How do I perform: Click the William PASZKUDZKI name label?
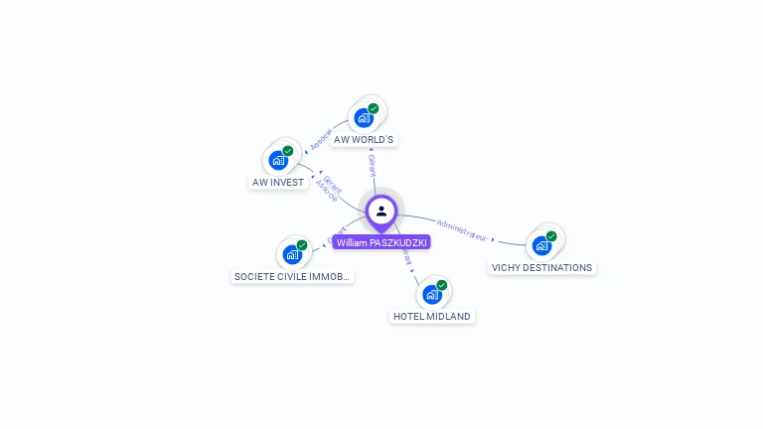coord(381,242)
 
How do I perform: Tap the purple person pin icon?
coord(381,212)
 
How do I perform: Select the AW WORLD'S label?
coord(364,140)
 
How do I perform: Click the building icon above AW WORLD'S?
coord(364,118)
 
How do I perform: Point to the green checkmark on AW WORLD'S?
coord(374,108)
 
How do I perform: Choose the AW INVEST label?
coord(278,183)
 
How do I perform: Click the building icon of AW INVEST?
coord(278,160)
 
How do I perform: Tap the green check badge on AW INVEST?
coord(288,151)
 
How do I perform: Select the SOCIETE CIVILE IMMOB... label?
coord(292,277)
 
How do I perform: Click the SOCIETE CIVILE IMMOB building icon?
coord(292,254)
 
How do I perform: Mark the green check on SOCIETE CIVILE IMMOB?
coord(302,245)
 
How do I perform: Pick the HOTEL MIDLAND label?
coord(432,317)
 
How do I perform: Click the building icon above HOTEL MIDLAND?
coord(432,294)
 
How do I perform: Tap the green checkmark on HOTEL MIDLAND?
coord(442,285)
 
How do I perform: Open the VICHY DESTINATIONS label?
coord(541,268)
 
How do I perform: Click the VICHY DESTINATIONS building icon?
coord(541,245)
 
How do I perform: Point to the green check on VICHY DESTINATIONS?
coord(551,236)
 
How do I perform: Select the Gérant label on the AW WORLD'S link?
coord(372,165)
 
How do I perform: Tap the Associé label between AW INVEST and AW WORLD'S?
coord(320,140)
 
